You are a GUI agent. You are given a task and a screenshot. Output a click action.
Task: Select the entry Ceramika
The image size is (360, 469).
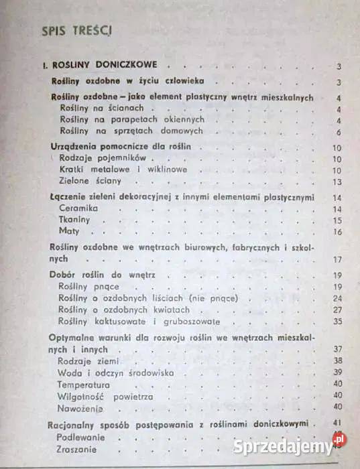click(78, 209)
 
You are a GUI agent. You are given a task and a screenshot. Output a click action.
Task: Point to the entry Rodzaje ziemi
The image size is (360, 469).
click(83, 360)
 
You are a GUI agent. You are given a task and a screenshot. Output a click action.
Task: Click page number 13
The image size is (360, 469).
click(337, 182)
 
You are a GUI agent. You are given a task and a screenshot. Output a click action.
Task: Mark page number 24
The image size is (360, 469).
click(337, 297)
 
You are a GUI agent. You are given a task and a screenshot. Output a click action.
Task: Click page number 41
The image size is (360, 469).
click(337, 423)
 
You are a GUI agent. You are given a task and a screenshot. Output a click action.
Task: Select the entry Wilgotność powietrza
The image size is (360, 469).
click(105, 396)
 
